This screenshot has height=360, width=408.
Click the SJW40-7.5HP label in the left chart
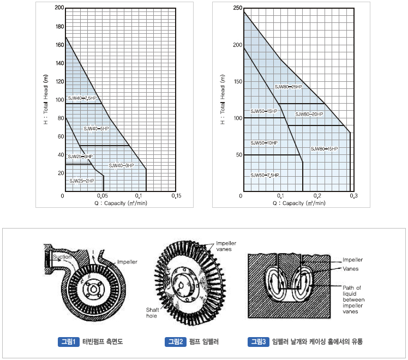[x=82, y=98]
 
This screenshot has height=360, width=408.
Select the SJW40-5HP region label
[x=96, y=129]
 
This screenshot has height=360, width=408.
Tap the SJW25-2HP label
[x=82, y=181]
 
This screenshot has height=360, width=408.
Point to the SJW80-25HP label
[x=289, y=87]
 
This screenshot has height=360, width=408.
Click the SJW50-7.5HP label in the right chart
[x=265, y=175]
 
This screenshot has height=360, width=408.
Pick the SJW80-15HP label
[x=324, y=149]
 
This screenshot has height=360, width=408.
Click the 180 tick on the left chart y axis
[x=59, y=27]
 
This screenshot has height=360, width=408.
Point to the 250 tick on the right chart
[x=238, y=8]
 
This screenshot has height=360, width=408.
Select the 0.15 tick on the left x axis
[x=176, y=196]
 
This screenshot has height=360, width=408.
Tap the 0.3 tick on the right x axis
[x=353, y=196]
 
